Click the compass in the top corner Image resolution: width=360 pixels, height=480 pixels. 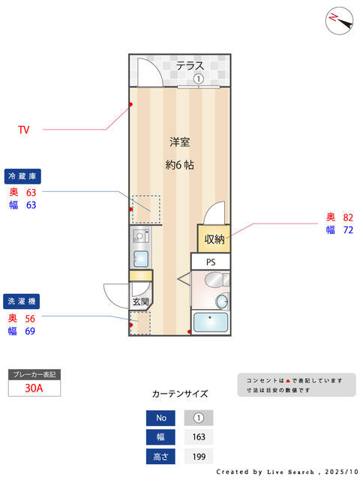pyautogui.click(x=339, y=21)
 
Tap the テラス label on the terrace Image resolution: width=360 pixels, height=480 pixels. pyautogui.click(x=190, y=66)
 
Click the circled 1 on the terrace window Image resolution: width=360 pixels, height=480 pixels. pyautogui.click(x=198, y=79)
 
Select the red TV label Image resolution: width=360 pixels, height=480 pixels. pyautogui.click(x=24, y=130)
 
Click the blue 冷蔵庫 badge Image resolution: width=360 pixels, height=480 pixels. pyautogui.click(x=22, y=176)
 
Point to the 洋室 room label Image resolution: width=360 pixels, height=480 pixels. pyautogui.click(x=180, y=142)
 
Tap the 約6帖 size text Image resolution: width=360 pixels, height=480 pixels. pyautogui.click(x=180, y=165)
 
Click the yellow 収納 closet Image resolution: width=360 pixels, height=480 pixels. pyautogui.click(x=214, y=238)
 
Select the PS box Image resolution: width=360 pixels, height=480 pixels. pyautogui.click(x=211, y=262)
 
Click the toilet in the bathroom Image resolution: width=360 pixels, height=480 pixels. pyautogui.click(x=217, y=280)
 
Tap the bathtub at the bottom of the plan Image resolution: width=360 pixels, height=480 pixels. pyautogui.click(x=211, y=322)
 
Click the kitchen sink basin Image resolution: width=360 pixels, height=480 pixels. pyautogui.click(x=141, y=259)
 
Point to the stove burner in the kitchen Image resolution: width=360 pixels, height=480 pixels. pyautogui.click(x=141, y=236)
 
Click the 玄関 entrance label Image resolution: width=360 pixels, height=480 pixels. pyautogui.click(x=141, y=301)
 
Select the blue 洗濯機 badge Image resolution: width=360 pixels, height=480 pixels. pyautogui.click(x=22, y=301)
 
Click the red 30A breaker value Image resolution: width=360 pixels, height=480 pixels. pyautogui.click(x=34, y=388)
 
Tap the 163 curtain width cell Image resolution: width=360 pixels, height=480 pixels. pyautogui.click(x=199, y=437)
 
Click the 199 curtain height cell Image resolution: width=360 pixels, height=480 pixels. pyautogui.click(x=199, y=457)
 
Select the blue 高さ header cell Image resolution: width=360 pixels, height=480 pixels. pyautogui.click(x=160, y=457)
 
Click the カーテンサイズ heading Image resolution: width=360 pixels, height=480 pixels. pyautogui.click(x=180, y=394)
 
